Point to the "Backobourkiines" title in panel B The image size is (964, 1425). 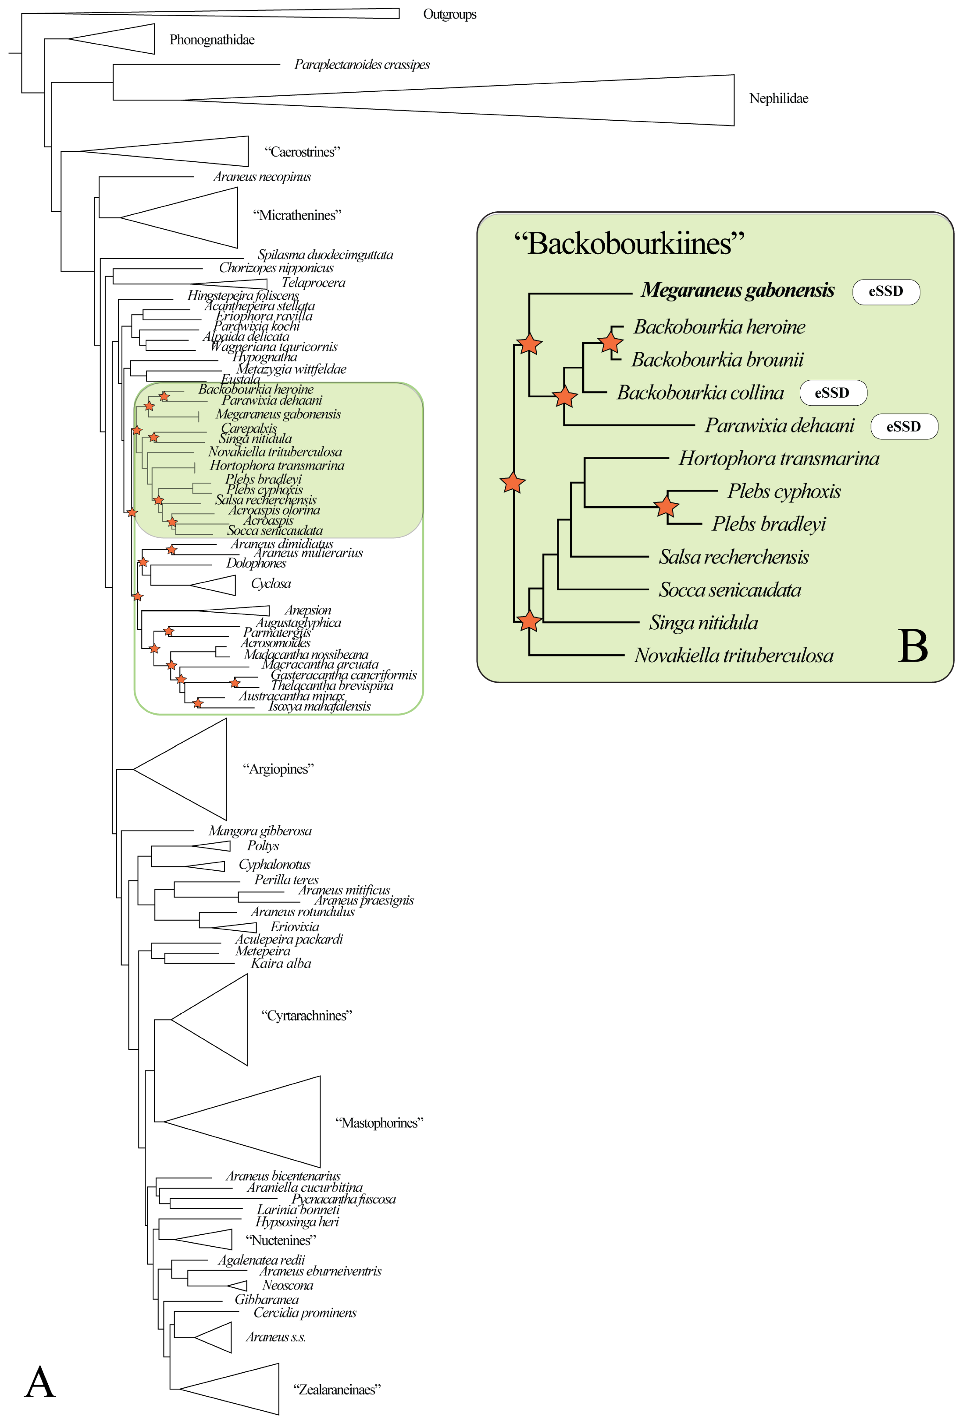[x=629, y=243]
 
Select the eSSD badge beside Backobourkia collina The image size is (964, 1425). [x=832, y=392]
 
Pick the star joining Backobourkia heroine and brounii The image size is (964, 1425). [x=610, y=342]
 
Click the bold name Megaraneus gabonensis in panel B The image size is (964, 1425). [x=737, y=290]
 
